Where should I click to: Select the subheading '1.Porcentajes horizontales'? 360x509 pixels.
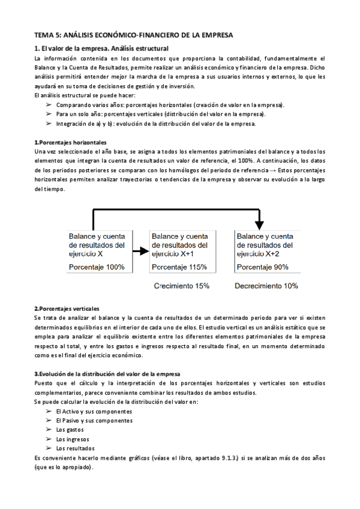point(71,142)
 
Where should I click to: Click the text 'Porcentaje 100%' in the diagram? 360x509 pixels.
point(97,267)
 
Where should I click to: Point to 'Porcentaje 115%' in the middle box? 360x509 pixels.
point(179,267)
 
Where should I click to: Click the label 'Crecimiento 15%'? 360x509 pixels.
point(182,286)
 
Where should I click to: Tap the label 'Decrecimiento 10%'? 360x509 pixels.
point(266,286)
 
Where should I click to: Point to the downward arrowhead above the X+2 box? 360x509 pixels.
point(259,225)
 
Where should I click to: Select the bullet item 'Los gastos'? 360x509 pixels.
point(70,430)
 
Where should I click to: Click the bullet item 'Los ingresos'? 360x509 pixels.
point(72,439)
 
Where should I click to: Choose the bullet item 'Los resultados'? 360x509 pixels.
point(75,448)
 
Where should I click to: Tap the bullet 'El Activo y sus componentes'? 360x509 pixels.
point(94,412)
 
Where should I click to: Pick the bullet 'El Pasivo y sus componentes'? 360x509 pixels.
point(94,421)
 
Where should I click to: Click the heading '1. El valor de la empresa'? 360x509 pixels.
point(101,48)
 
